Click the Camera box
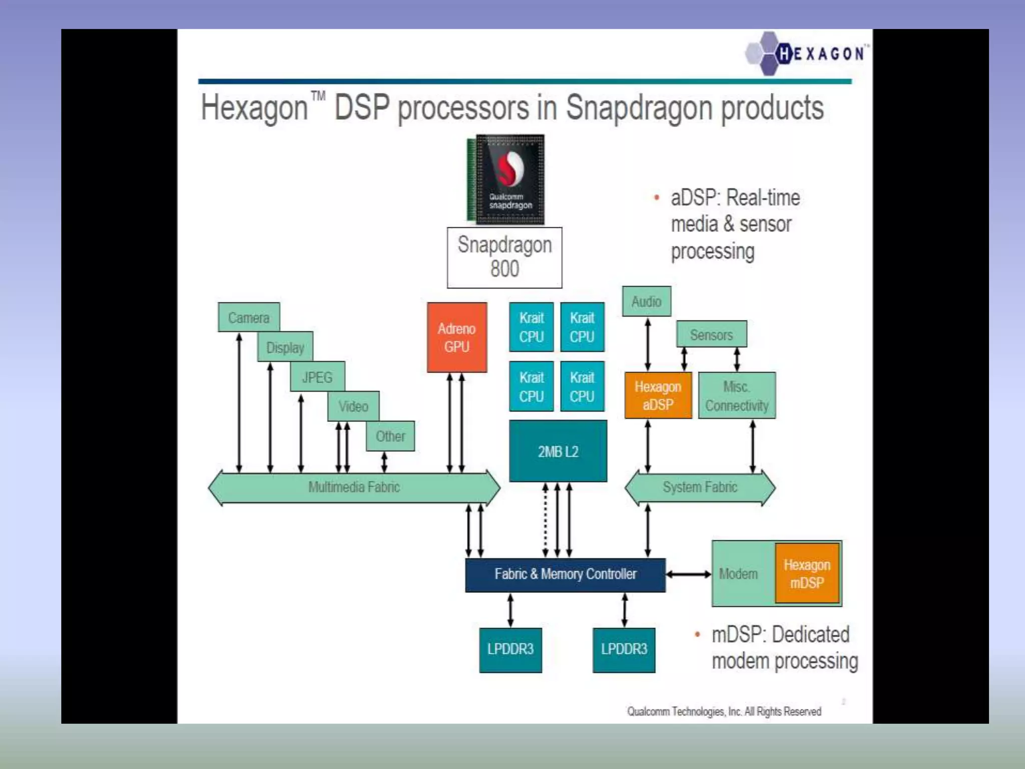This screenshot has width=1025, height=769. point(249,317)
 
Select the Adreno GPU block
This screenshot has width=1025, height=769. point(456,337)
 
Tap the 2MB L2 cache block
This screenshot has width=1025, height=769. point(558,451)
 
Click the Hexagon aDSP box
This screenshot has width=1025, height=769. point(658,396)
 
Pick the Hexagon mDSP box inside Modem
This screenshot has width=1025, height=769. point(807,573)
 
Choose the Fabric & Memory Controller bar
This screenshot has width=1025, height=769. point(565,575)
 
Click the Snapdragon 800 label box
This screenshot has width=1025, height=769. point(504,257)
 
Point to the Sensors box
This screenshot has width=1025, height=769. point(711,334)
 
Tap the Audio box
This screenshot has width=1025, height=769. point(646,301)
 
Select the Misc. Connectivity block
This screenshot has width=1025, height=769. point(737,396)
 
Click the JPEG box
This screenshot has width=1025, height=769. point(317,376)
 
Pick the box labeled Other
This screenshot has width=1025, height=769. point(390,436)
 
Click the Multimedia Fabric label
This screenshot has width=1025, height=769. point(354,487)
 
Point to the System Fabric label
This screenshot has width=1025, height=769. point(700,487)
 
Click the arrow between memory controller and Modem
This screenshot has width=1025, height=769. point(689,574)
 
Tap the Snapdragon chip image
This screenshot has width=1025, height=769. point(506,179)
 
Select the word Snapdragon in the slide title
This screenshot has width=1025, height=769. point(639,109)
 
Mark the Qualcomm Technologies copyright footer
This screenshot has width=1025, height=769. point(724,711)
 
